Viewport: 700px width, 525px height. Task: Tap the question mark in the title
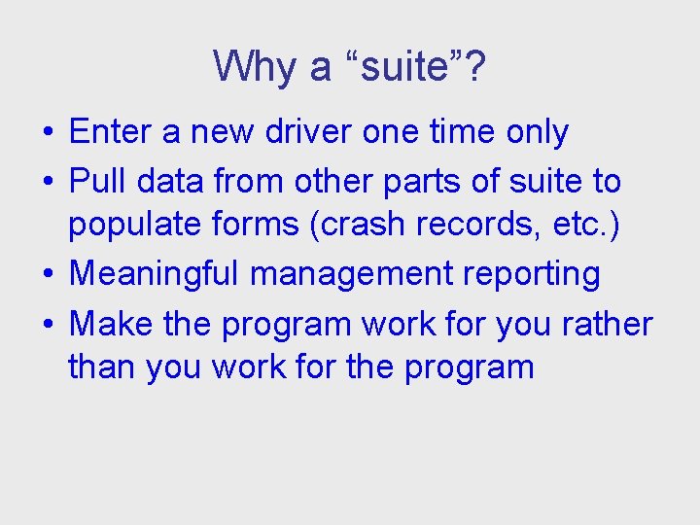475,66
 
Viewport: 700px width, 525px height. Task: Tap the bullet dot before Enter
49,132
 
